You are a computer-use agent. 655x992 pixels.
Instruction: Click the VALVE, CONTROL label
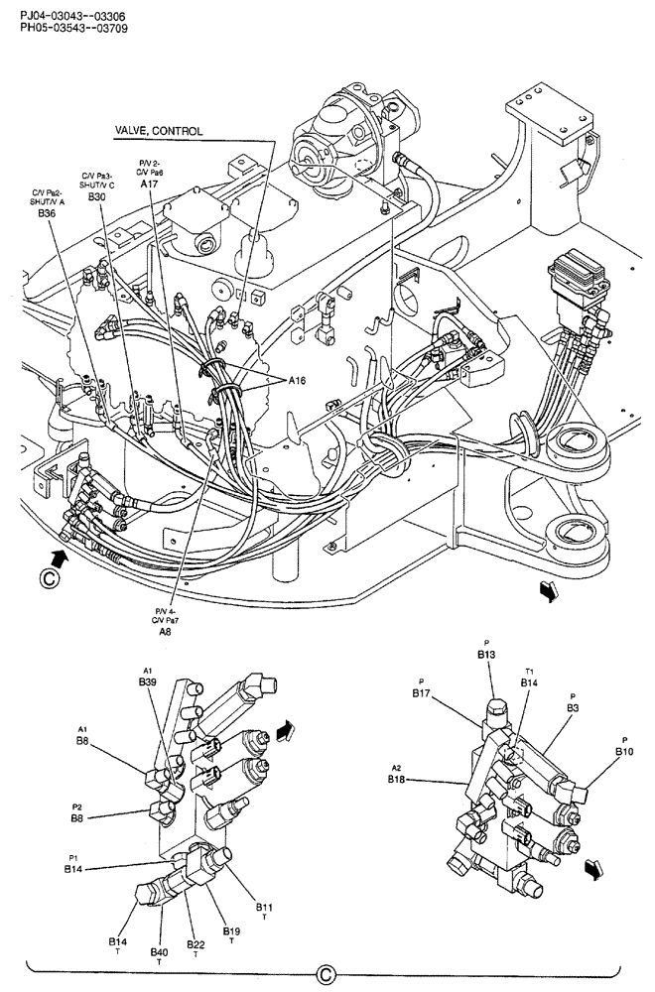tap(159, 131)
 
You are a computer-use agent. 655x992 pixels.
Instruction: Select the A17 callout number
tap(149, 184)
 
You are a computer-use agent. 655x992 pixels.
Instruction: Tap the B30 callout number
tap(96, 197)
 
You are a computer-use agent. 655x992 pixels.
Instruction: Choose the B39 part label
tap(148, 682)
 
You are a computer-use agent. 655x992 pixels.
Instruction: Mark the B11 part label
tap(265, 907)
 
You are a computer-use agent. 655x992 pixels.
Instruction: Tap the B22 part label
tap(196, 943)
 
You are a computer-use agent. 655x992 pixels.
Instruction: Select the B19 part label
tap(231, 930)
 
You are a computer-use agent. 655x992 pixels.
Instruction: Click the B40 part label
tap(160, 952)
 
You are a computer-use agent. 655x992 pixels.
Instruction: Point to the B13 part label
tap(486, 655)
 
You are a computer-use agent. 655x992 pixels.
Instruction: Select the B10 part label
tap(624, 752)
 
